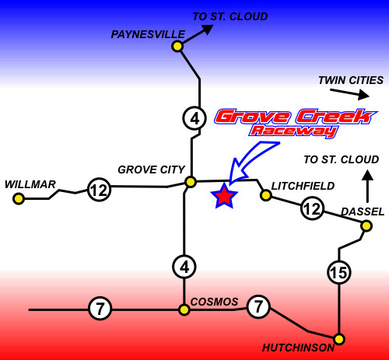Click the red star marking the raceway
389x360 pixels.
tap(224, 196)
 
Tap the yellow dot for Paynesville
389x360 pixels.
tap(177, 47)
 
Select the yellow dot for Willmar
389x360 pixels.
tap(19, 199)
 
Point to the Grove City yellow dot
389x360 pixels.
tap(191, 182)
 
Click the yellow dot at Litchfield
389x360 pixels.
tap(266, 195)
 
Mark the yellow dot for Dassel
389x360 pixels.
tap(366, 226)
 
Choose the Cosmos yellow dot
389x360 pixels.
tap(184, 309)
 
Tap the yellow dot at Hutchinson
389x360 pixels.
tap(338, 339)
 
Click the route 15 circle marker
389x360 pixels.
tap(339, 272)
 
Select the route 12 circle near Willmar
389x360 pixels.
tap(99, 190)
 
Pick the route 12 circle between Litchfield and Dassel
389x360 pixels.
tap(312, 208)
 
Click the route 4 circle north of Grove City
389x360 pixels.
tap(194, 118)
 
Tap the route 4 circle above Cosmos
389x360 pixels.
tap(184, 267)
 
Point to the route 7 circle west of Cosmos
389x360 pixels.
tap(100, 308)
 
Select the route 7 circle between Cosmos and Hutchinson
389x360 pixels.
tap(258, 306)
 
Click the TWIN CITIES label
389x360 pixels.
tap(351, 80)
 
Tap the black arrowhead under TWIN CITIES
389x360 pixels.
tap(363, 95)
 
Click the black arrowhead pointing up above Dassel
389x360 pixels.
tap(367, 175)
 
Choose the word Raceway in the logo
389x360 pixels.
tap(294, 131)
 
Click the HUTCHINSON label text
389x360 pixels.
tap(298, 348)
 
